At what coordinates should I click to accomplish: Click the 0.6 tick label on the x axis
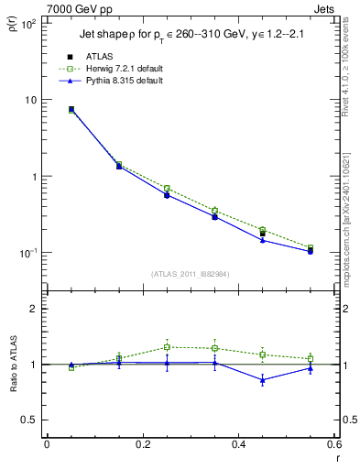pos(334,445)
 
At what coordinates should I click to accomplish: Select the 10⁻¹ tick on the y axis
pos(27,253)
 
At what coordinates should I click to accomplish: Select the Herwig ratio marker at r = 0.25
pos(167,347)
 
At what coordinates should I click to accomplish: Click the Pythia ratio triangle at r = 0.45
pos(263,380)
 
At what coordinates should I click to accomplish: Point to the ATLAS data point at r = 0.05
pos(71,109)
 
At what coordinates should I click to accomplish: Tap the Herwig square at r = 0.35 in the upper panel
pos(214,211)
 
